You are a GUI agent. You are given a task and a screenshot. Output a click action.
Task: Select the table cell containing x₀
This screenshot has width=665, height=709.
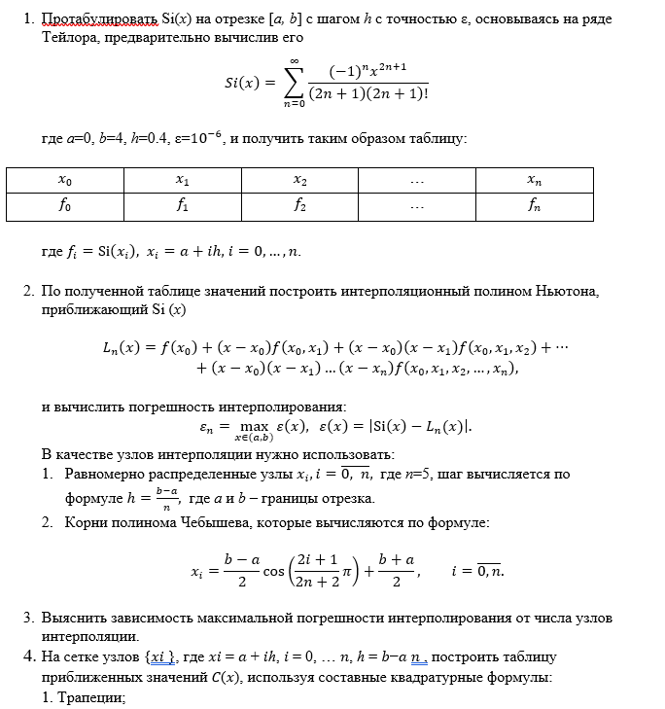65,180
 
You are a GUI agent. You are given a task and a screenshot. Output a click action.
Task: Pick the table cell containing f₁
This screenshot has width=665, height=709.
183,206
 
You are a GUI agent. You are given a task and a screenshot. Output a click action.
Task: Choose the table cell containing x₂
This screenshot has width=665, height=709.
300,180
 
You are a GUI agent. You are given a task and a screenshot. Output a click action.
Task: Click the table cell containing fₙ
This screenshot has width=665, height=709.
535,206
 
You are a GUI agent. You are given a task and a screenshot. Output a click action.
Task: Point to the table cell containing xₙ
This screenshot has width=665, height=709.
535,180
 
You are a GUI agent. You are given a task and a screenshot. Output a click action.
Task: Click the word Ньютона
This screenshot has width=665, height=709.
577,292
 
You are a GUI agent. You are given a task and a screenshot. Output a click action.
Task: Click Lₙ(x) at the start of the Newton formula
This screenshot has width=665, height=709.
121,347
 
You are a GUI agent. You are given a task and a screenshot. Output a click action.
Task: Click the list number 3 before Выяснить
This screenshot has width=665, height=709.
27,618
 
